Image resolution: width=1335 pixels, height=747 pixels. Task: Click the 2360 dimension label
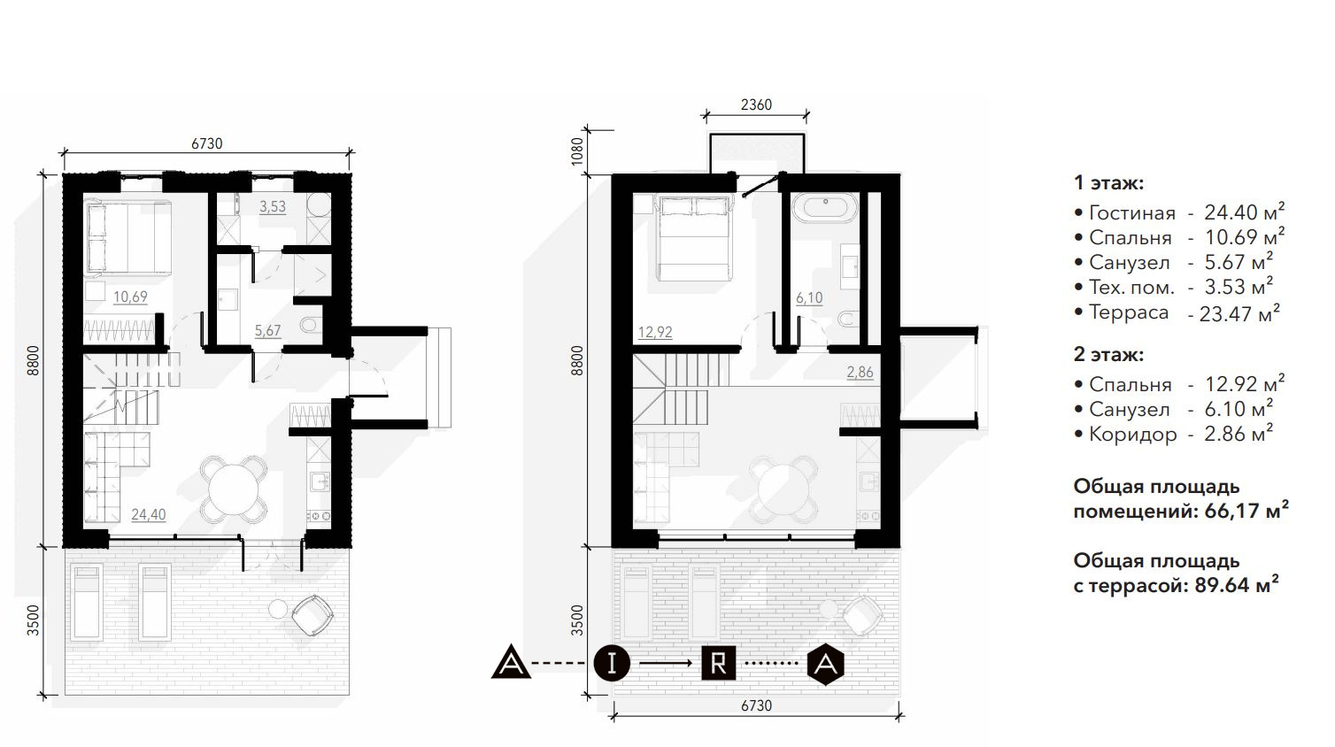tap(756, 104)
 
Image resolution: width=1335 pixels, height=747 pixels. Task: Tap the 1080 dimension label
tap(576, 152)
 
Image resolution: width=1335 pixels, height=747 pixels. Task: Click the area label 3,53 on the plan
tap(273, 207)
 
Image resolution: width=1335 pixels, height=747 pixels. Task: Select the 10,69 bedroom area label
tap(130, 296)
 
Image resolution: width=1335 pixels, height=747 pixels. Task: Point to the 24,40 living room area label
tap(149, 514)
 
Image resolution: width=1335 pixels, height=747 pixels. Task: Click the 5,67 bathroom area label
tap(267, 331)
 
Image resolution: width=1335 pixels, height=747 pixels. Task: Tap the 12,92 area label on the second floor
tap(655, 332)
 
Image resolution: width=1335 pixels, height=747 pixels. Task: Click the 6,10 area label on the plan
tap(809, 298)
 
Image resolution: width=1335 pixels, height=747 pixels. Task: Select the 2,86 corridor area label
tap(860, 373)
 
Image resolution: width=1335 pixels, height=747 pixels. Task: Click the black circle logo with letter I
tap(612, 663)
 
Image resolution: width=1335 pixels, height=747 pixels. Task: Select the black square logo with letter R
tap(718, 663)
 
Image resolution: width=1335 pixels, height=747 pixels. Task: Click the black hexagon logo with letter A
tap(825, 664)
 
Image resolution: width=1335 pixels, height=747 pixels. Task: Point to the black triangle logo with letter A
tap(511, 662)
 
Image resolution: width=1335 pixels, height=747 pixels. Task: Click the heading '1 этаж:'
tap(1109, 183)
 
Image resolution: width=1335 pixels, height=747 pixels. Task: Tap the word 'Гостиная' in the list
tap(1132, 212)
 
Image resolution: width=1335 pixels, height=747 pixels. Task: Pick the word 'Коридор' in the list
tap(1133, 435)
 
